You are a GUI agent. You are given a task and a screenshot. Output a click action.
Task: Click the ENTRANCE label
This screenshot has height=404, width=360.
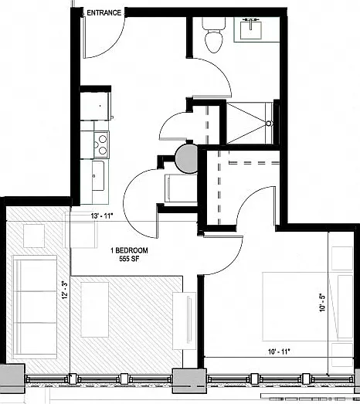click(x=104, y=12)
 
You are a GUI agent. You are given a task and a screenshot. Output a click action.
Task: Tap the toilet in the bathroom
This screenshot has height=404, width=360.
click(x=213, y=35)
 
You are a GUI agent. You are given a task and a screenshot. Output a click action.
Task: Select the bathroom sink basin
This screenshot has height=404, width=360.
click(x=251, y=30)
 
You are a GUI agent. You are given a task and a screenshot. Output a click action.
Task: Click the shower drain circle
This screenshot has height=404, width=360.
click(x=269, y=124)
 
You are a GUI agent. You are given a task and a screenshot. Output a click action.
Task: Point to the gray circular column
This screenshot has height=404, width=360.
click(x=186, y=158)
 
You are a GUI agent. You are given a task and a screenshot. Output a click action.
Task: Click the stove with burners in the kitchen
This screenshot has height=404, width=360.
click(x=101, y=144)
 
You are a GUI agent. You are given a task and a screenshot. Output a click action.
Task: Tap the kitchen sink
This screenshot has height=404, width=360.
click(x=98, y=175)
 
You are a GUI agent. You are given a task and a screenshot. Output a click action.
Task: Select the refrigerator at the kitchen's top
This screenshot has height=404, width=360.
click(x=95, y=106)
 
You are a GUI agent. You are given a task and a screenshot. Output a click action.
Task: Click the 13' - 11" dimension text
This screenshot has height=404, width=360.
click(x=102, y=216)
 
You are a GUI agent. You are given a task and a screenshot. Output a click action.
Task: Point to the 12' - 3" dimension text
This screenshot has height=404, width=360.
click(x=65, y=290)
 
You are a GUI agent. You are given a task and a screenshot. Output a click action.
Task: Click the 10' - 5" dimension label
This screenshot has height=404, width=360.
click(x=322, y=303)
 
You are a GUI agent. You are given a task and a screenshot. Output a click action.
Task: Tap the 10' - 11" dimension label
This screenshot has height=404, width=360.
click(x=279, y=351)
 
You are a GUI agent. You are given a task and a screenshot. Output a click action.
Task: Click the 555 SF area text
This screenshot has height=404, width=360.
click(x=129, y=259)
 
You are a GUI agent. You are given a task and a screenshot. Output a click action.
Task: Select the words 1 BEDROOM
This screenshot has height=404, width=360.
click(x=129, y=250)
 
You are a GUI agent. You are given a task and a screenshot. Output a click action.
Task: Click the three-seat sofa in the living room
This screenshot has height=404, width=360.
click(x=35, y=307)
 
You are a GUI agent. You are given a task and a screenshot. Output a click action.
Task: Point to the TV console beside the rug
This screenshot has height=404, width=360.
click(x=185, y=321)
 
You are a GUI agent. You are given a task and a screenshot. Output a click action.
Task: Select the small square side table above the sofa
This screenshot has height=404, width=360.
click(x=34, y=236)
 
